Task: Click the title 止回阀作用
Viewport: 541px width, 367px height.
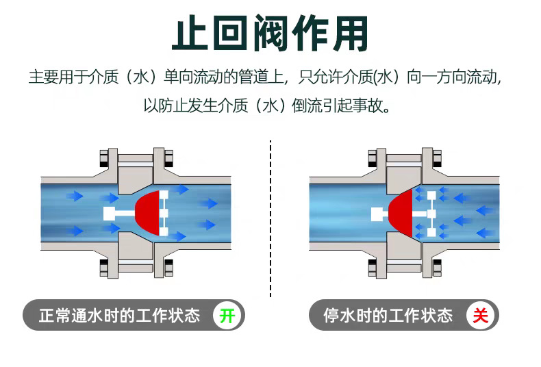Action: coord(270,33)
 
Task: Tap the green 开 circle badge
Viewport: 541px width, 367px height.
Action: coord(227,316)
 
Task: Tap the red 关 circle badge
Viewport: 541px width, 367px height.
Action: coord(481,316)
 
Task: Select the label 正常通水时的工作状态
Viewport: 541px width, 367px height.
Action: coord(119,316)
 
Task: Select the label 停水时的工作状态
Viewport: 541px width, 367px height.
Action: coord(388,316)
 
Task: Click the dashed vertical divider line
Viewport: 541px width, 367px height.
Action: coord(271,219)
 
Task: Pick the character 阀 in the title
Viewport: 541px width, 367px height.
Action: coord(270,33)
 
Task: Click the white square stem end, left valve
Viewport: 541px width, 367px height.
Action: coord(108,214)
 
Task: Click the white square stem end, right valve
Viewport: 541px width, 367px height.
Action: coord(377,214)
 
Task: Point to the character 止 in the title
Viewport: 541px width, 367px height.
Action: coord(190,33)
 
